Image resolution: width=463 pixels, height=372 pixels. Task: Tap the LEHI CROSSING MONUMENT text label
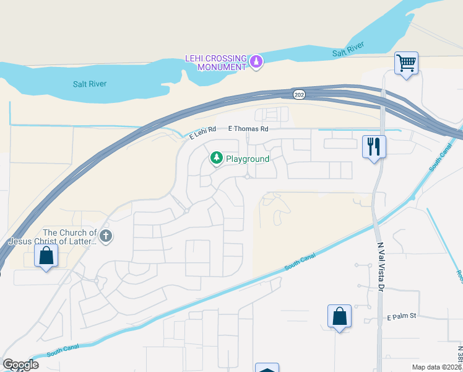click(216, 62)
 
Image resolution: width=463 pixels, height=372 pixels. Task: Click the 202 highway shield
click(300, 94)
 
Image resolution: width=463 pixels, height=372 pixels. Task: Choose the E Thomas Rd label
click(248, 129)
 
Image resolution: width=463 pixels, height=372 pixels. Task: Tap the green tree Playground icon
click(217, 159)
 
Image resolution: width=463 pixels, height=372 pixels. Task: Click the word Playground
click(248, 159)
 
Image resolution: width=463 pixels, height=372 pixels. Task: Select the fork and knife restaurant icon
click(374, 147)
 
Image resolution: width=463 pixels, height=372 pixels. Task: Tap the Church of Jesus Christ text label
click(53, 237)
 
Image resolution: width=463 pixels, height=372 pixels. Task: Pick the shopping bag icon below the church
click(46, 255)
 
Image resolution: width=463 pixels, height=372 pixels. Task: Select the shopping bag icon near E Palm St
click(339, 316)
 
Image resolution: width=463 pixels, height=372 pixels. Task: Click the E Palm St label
click(403, 317)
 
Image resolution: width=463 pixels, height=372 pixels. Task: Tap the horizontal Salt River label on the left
click(90, 84)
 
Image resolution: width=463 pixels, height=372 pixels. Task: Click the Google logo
click(20, 365)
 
